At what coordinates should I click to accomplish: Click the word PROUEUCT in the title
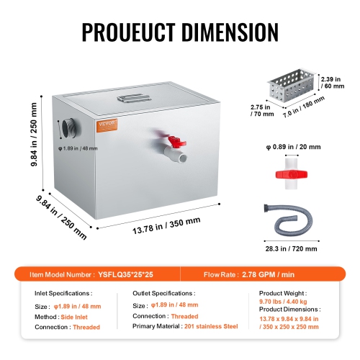(x=130, y=32)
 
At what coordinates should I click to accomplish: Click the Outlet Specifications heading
(x=164, y=294)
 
